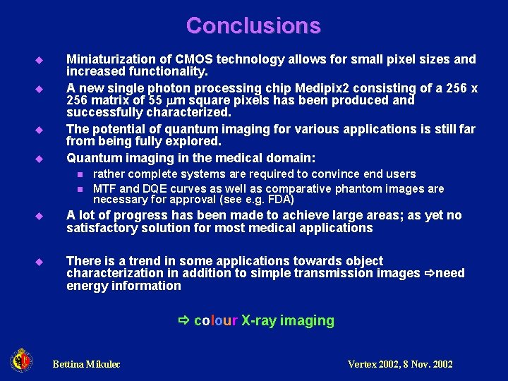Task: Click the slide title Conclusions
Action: coord(253,26)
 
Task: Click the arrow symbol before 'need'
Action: coord(428,273)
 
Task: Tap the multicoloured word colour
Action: coord(216,320)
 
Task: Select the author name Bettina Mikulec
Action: coord(86,364)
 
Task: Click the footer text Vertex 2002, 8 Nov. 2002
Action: coord(400,364)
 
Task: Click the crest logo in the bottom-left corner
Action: coord(21,361)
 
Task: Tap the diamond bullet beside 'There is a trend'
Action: coord(40,262)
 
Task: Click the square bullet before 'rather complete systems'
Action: coord(80,174)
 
